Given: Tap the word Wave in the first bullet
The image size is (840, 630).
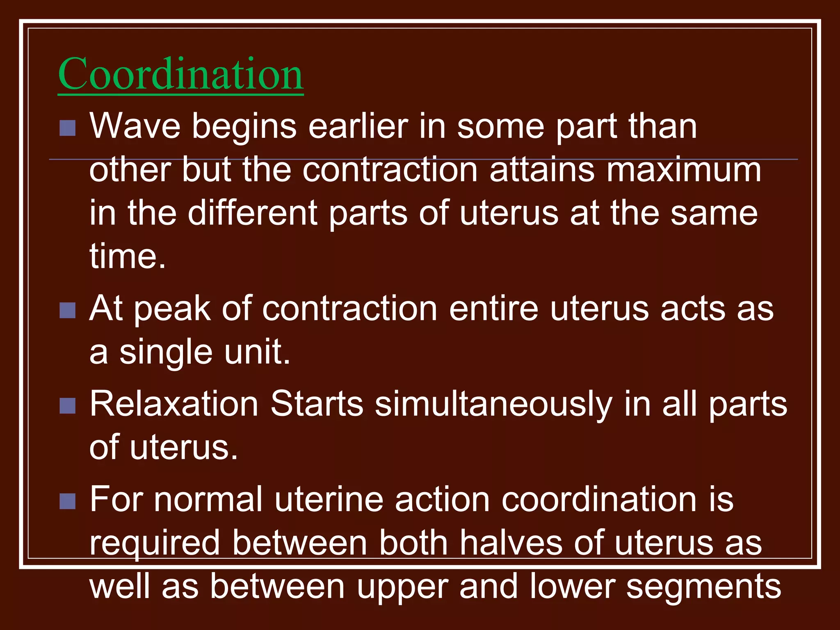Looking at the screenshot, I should point(135,126).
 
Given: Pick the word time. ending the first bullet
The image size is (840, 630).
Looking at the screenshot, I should point(128,257).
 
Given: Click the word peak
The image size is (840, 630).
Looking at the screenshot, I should point(172,309).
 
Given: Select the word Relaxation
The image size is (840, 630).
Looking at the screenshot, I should point(174,404).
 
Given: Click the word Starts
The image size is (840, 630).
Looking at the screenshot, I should point(317,404).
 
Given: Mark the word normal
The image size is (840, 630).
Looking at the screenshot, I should point(208,500).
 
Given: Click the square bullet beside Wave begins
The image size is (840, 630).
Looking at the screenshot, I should point(67,128).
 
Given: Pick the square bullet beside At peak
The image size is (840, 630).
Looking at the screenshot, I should point(67,310).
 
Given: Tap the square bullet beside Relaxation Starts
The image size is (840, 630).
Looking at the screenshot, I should point(67,406).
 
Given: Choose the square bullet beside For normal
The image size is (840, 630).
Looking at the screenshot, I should point(67,501).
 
